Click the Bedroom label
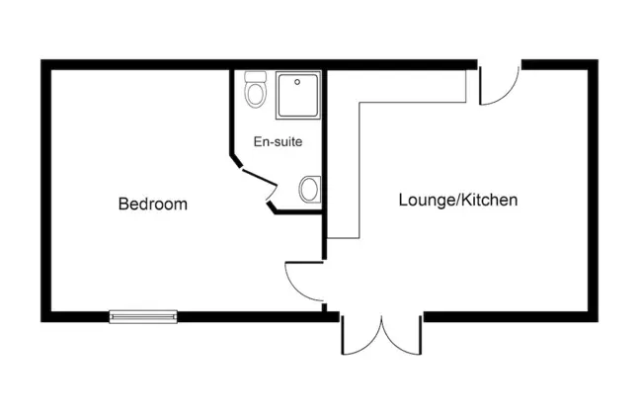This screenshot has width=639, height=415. (153, 204)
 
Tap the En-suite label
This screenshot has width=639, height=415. (278, 141)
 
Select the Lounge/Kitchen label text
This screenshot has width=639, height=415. (458, 200)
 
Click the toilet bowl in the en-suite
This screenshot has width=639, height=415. (256, 94)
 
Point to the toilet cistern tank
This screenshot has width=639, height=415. (256, 77)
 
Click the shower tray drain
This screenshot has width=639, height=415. (297, 82)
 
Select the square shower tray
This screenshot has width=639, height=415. (298, 96)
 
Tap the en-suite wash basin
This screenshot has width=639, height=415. (310, 190)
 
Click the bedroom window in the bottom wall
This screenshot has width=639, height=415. (143, 317)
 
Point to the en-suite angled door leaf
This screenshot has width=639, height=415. (260, 178)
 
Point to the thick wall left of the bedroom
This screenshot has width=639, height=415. (45, 191)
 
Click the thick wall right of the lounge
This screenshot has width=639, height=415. (593, 191)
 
